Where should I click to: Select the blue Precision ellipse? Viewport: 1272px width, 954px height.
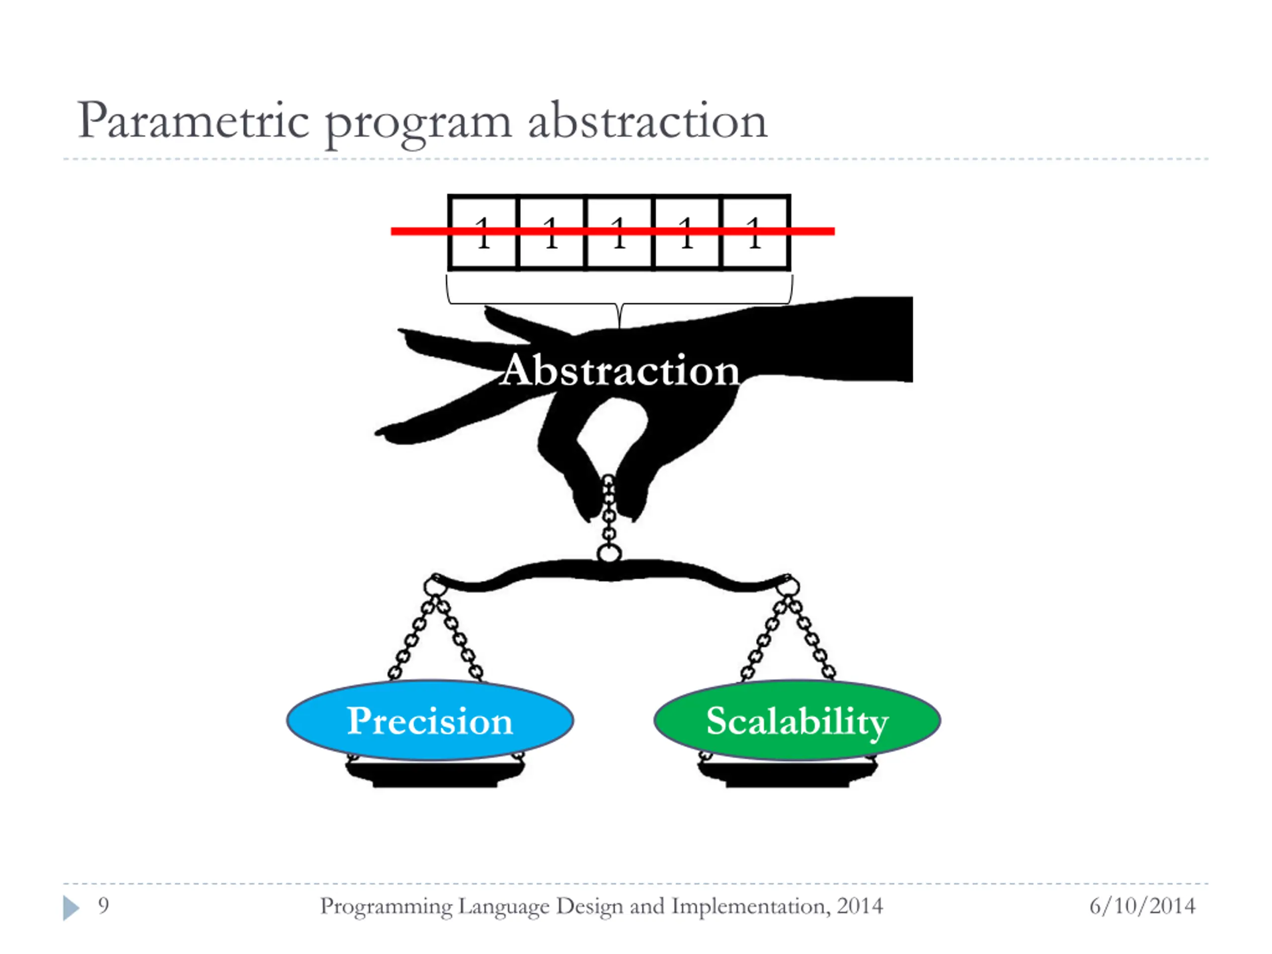[430, 720]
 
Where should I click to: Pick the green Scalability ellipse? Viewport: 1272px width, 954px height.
[797, 720]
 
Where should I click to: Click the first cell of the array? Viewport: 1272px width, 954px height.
[483, 233]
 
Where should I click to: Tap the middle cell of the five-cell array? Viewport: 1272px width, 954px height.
[619, 233]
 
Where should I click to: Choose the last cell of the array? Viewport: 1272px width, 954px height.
[754, 233]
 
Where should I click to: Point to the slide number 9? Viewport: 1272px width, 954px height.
[103, 906]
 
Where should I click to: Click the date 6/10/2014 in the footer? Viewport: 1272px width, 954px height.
[1142, 906]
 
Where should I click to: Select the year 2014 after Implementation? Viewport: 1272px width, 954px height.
[859, 906]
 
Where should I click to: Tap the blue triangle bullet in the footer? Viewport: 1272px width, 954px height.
[71, 907]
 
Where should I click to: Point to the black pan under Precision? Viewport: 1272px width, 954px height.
[435, 774]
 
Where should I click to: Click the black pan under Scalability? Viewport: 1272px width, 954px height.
[787, 774]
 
